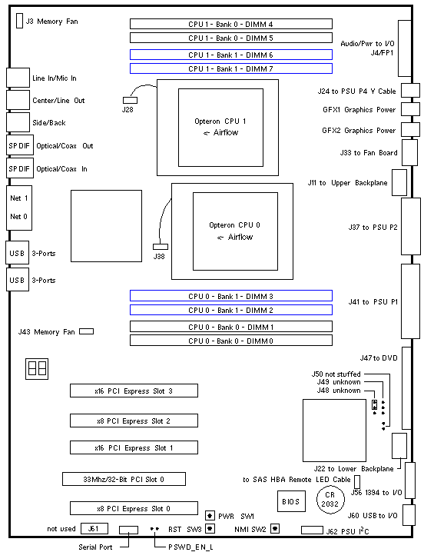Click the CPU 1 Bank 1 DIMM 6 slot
point(231,55)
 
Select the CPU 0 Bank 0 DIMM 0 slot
point(231,341)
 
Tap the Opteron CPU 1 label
point(220,121)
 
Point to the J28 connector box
point(130,101)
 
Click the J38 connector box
point(161,247)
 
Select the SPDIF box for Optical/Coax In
point(20,168)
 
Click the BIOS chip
point(291,501)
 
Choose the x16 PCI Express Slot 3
point(134,391)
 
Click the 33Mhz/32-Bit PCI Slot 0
point(124,479)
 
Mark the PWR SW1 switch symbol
point(210,516)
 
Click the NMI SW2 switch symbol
point(275,528)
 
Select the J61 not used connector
point(94,528)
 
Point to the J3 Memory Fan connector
point(20,21)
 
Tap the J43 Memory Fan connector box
point(87,331)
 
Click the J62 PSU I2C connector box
point(312,530)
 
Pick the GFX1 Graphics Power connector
point(411,109)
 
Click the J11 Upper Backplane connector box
point(399,182)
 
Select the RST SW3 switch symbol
point(210,528)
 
